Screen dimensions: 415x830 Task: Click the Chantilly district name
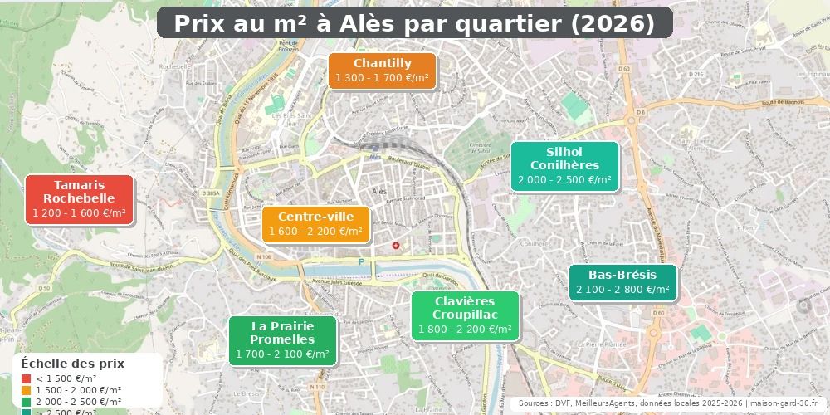(x=382, y=63)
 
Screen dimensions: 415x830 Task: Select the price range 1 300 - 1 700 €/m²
(x=382, y=79)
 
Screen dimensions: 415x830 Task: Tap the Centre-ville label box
(x=315, y=223)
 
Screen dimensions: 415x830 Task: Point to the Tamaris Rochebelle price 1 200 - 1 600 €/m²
(x=79, y=213)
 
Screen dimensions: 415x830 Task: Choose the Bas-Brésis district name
(x=622, y=275)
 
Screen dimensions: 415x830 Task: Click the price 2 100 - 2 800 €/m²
(x=622, y=290)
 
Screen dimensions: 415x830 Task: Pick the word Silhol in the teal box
(x=564, y=152)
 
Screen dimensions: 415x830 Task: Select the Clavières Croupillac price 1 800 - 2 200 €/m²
(x=465, y=330)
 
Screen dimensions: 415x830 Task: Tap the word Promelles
(x=282, y=339)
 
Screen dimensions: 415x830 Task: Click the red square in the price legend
(x=27, y=378)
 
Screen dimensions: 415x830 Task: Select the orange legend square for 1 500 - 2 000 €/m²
(x=27, y=390)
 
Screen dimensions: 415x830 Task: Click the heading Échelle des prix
(x=72, y=364)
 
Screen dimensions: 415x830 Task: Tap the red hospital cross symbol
(x=396, y=246)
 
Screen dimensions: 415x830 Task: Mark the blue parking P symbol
(x=361, y=261)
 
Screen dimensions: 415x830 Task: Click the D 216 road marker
(x=696, y=75)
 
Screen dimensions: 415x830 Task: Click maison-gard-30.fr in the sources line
(x=784, y=403)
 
